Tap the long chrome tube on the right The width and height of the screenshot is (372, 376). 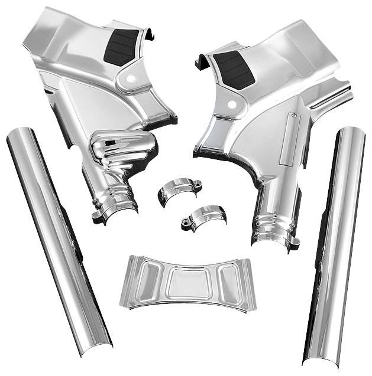pyautogui.click(x=334, y=248)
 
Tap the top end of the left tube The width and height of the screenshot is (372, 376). pyautogui.click(x=18, y=137)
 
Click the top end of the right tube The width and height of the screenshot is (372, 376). pyautogui.click(x=351, y=135)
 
